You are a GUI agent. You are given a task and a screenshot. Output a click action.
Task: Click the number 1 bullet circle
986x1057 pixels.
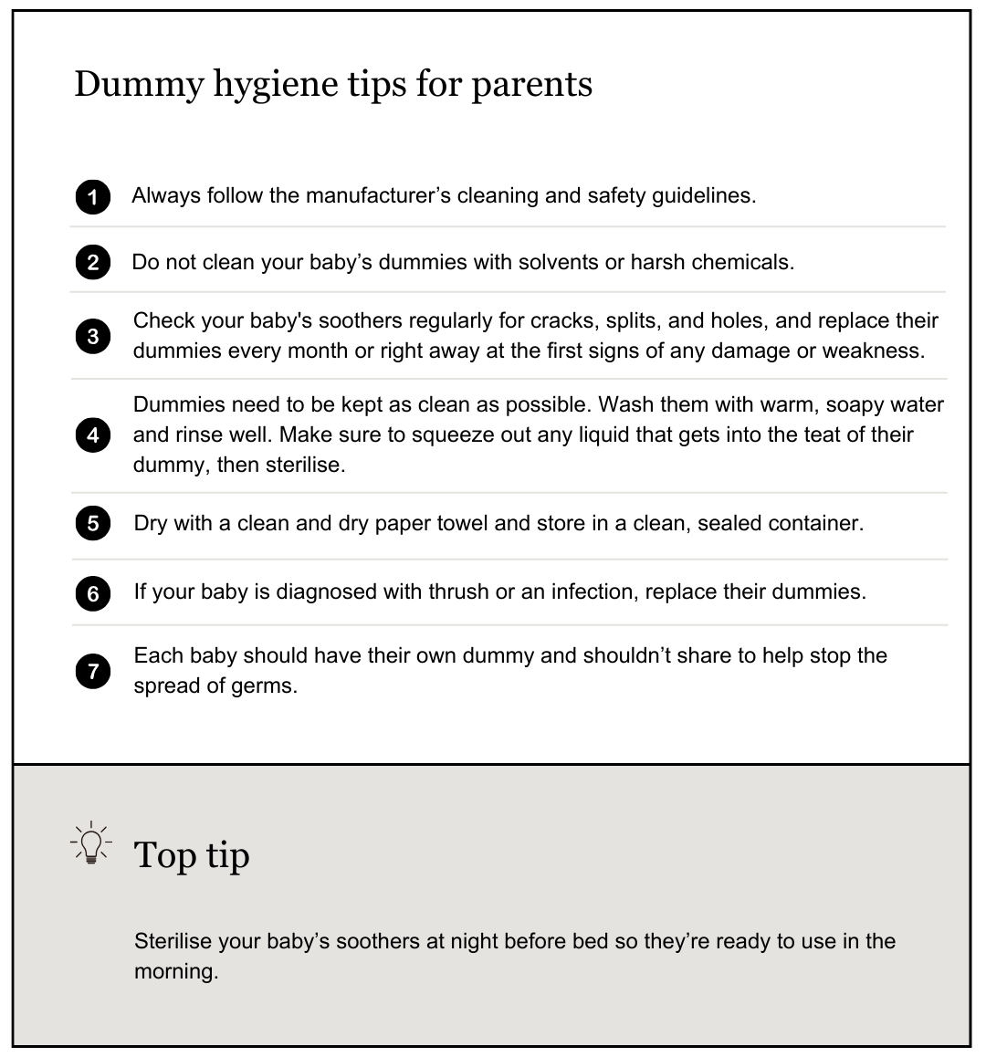pyautogui.click(x=92, y=197)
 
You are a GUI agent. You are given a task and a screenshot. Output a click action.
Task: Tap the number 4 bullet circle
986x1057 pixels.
pyautogui.click(x=92, y=435)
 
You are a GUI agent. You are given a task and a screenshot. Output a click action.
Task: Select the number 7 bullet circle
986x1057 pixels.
pyautogui.click(x=92, y=672)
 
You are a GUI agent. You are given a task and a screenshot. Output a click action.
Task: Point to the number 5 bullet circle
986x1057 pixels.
pyautogui.click(x=92, y=524)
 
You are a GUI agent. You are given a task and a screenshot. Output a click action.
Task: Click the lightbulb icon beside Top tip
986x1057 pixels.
pyautogui.click(x=90, y=844)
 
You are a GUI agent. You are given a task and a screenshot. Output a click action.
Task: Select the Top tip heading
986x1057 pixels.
pyautogui.click(x=192, y=855)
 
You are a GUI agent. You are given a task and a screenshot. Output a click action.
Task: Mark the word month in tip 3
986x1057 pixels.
pyautogui.click(x=318, y=351)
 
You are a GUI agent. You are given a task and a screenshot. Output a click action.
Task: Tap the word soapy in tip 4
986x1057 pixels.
pyautogui.click(x=857, y=403)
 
